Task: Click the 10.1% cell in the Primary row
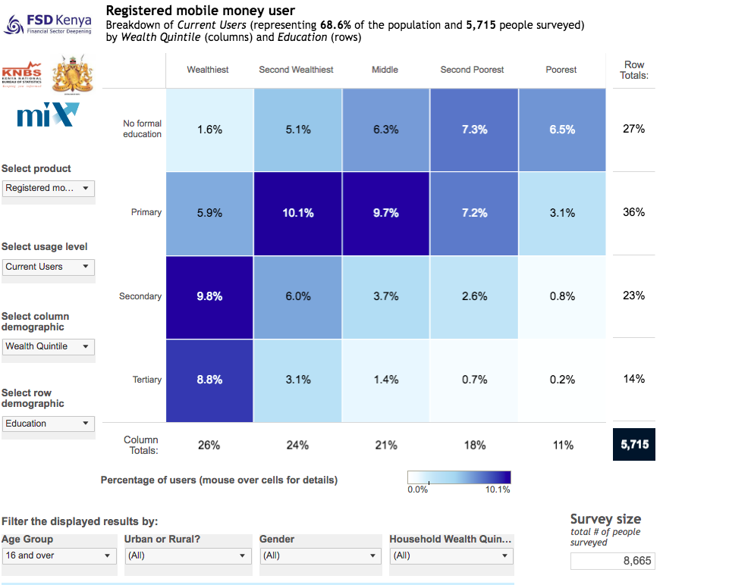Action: (298, 213)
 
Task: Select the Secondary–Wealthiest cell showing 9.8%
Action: (209, 296)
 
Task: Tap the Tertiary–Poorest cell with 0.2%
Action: (562, 380)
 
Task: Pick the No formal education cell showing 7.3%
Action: (474, 130)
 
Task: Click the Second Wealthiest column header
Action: (296, 70)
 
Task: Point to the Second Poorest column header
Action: (472, 70)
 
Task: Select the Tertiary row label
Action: (147, 380)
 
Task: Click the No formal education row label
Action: (143, 129)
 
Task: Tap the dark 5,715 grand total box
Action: (634, 445)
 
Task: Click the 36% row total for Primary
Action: (633, 212)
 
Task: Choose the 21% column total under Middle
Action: (386, 446)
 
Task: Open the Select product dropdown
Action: (48, 188)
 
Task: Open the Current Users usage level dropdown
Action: (48, 267)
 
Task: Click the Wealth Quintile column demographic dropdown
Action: (48, 346)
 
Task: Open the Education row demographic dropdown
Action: (48, 424)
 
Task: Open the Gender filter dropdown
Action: (319, 555)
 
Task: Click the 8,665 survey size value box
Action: (612, 561)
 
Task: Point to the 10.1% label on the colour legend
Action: (498, 490)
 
